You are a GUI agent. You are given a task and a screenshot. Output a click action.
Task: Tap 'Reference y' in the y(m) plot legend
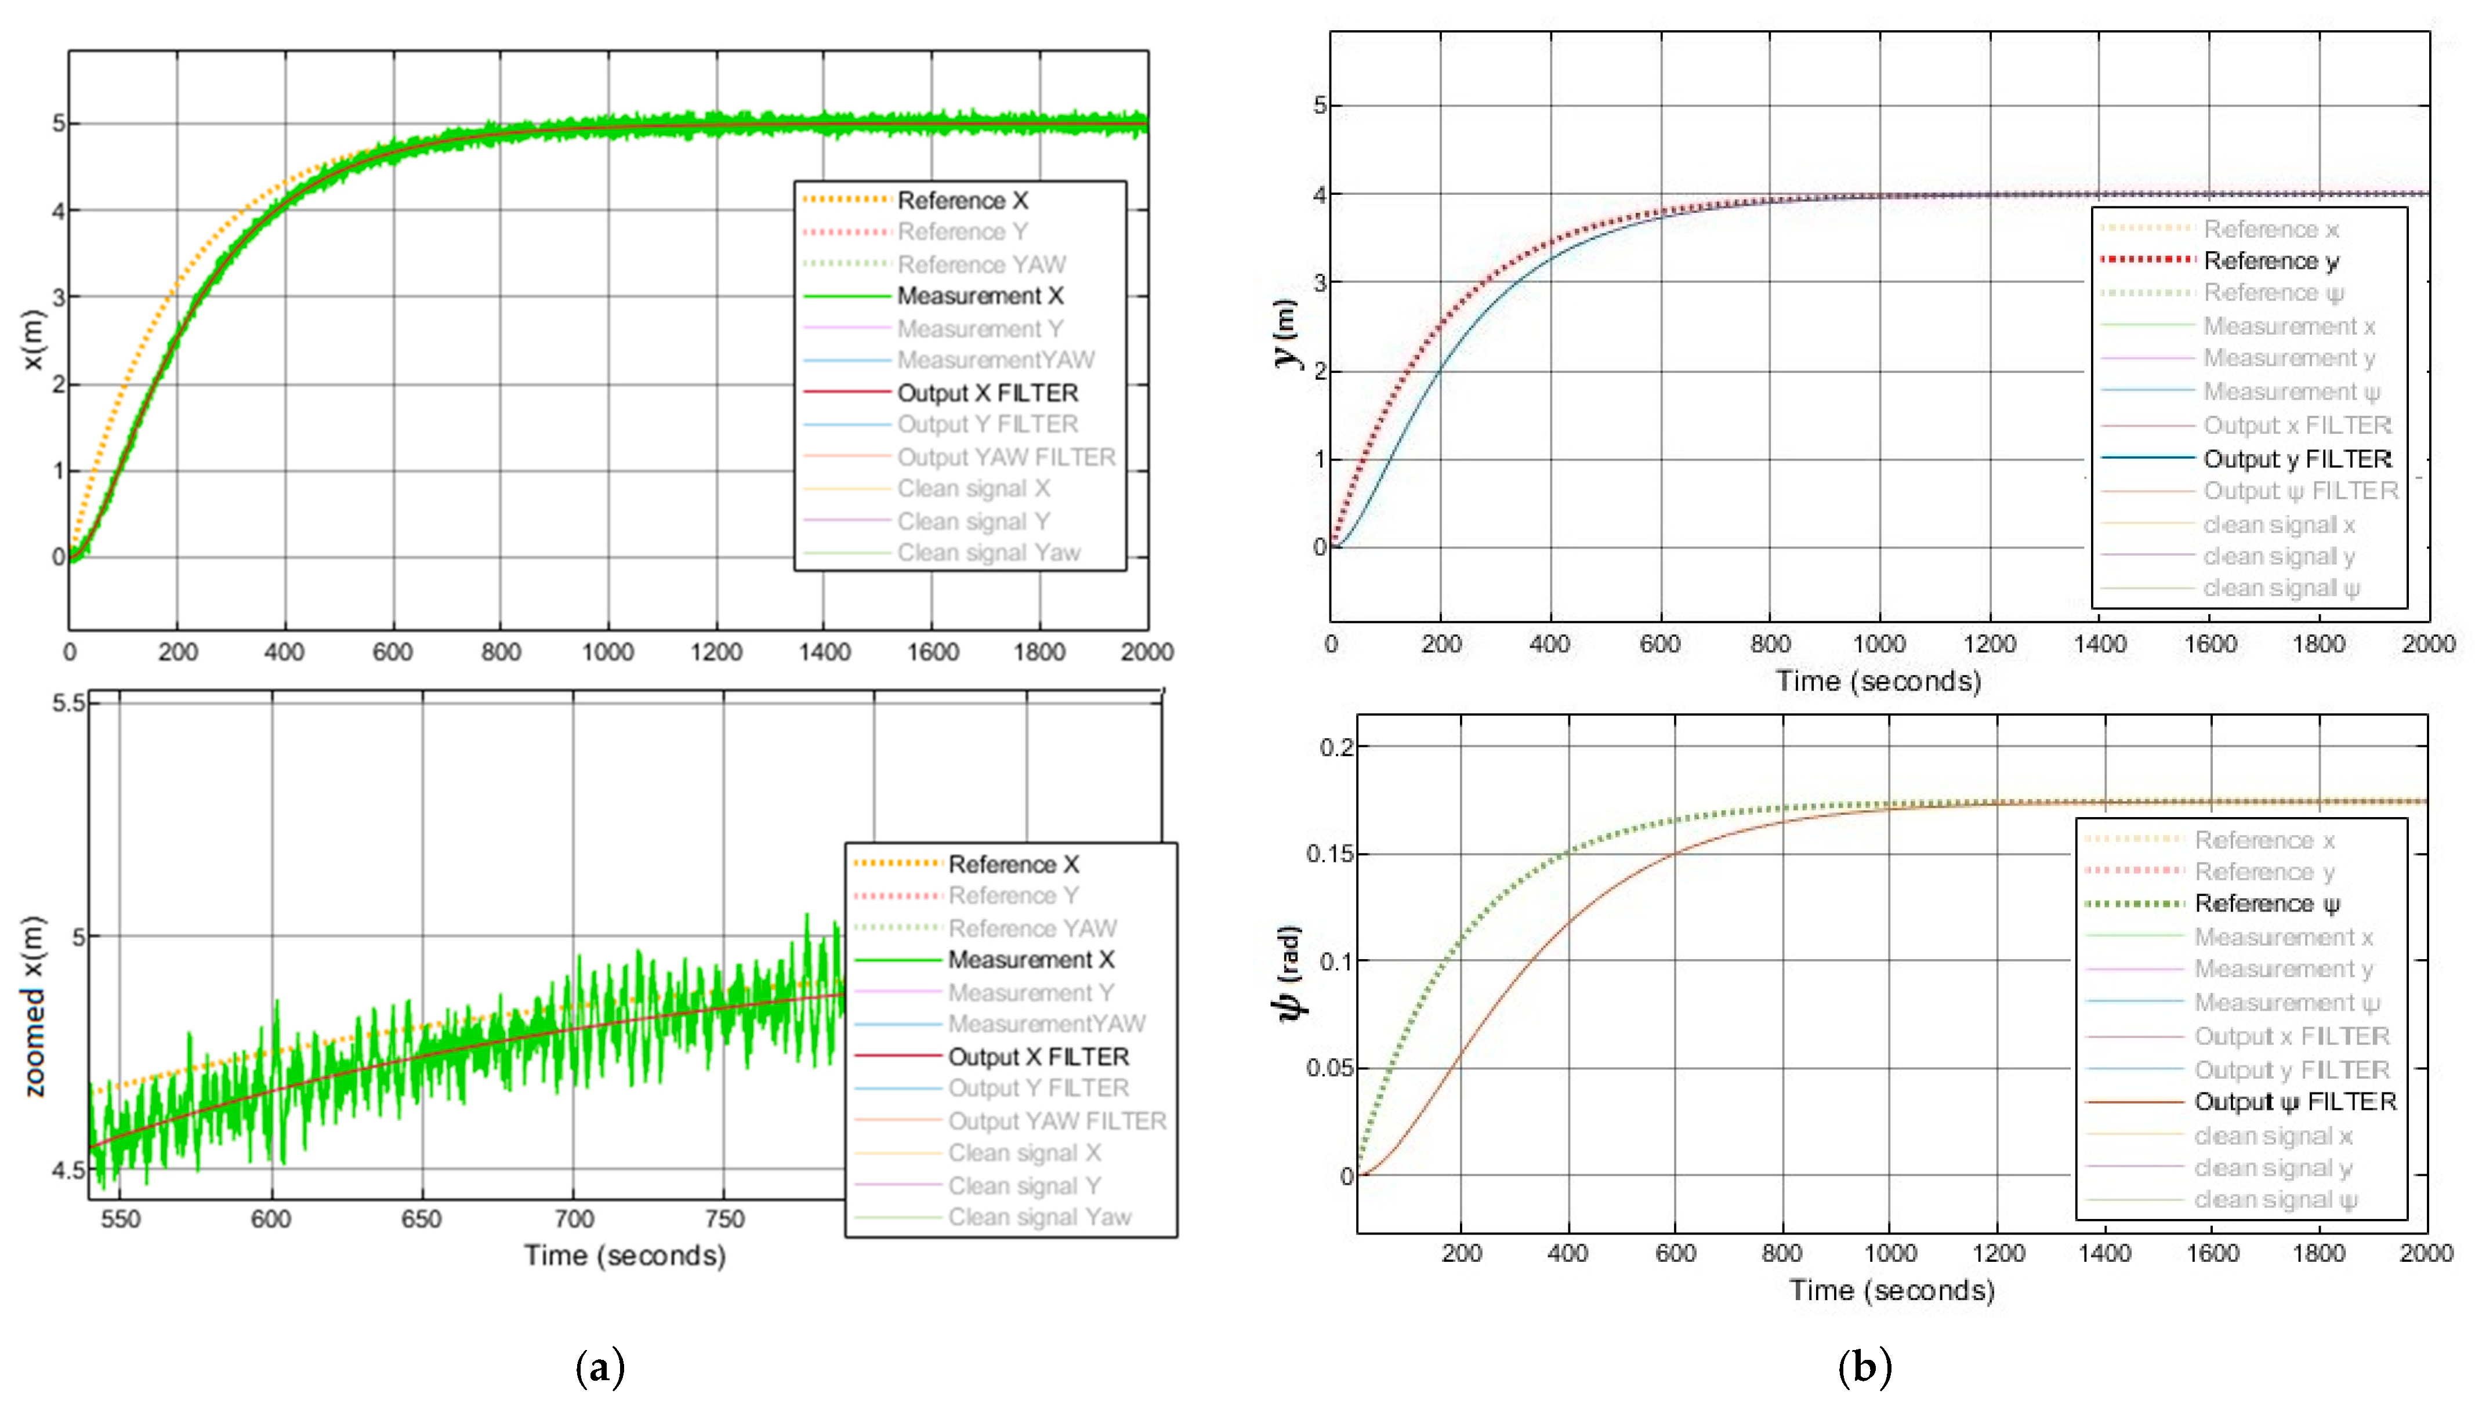[2270, 261]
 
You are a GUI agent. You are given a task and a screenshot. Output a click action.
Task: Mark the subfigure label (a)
[600, 1367]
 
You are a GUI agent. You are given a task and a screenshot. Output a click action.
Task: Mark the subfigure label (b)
[1864, 1367]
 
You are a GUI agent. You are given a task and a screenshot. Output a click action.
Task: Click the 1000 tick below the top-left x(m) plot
[607, 652]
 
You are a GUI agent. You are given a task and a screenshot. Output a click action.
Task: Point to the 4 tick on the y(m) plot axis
[1319, 194]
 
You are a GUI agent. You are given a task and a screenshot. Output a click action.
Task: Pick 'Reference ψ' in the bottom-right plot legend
[2266, 903]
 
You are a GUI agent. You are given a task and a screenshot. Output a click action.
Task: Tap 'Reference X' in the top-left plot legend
[962, 200]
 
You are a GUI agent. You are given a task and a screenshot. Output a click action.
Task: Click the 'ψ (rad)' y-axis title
[1290, 972]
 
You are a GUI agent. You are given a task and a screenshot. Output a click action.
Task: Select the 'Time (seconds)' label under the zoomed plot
[625, 1255]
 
